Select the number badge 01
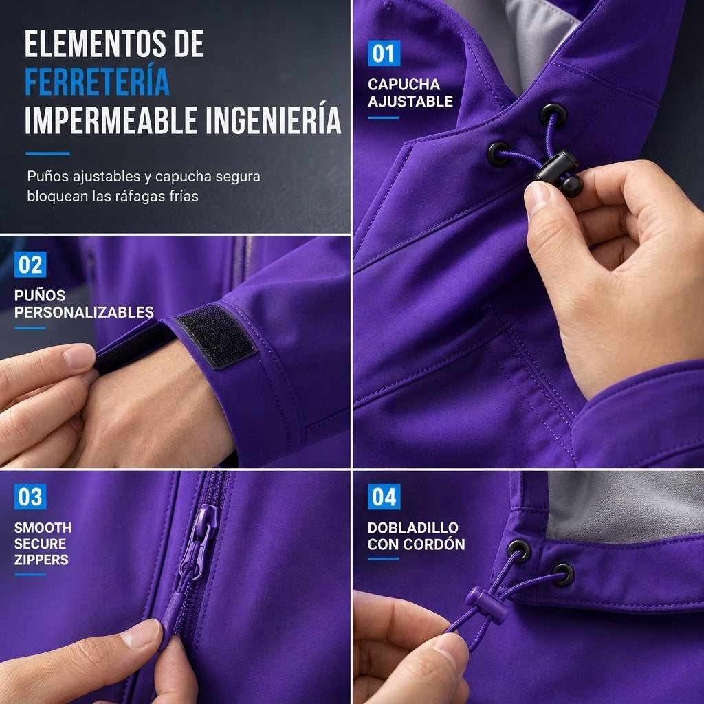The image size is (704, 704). [384, 54]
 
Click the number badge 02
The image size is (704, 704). [30, 265]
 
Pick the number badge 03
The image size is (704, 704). [30, 496]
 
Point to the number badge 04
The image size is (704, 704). [384, 496]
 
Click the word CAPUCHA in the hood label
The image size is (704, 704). [404, 85]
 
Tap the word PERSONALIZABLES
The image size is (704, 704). [84, 312]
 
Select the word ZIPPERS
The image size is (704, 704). [41, 560]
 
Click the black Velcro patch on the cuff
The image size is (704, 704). [217, 335]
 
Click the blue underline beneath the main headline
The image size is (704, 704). [47, 153]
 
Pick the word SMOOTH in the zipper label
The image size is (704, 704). [43, 527]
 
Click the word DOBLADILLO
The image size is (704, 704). [413, 527]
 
